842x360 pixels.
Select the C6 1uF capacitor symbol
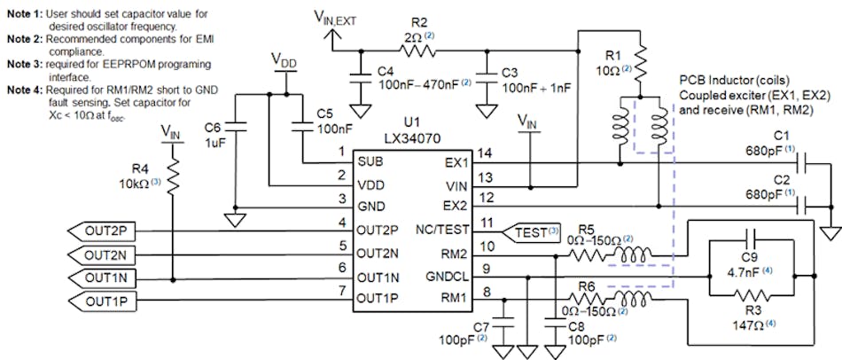click(237, 126)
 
